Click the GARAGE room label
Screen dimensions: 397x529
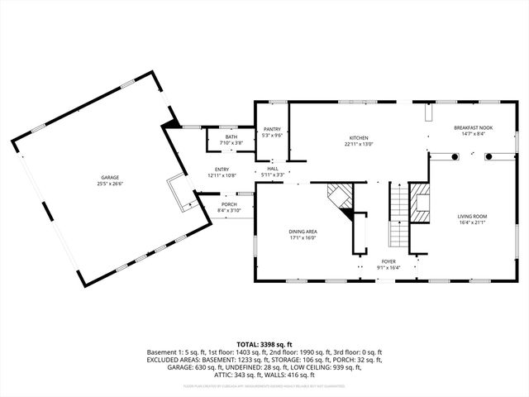pos(110,177)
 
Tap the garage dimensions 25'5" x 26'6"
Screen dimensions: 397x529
pos(110,184)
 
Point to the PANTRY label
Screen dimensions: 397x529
pos(272,129)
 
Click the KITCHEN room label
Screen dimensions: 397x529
pos(358,137)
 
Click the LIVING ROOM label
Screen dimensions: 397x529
pos(472,216)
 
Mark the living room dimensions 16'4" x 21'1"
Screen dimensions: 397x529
pos(472,223)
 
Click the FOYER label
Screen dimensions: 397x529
pos(388,261)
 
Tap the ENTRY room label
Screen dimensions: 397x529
pos(222,169)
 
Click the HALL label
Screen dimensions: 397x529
pos(272,168)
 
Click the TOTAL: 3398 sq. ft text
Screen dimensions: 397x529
pos(264,343)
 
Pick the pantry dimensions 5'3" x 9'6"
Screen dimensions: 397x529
pos(272,136)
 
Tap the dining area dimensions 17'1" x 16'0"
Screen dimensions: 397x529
pos(303,238)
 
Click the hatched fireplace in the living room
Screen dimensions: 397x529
pos(422,203)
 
